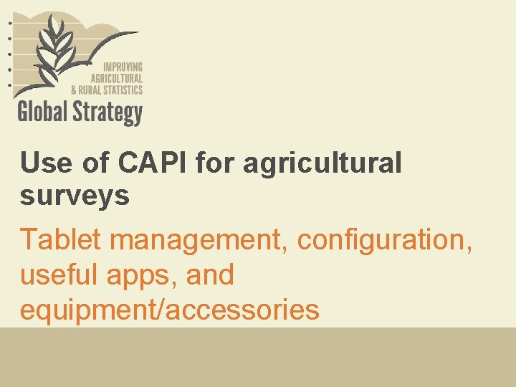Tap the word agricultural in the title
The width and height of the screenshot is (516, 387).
click(x=322, y=163)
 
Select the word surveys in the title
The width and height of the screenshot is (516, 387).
click(x=75, y=195)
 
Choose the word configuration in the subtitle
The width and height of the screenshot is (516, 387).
click(x=385, y=239)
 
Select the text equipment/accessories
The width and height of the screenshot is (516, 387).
click(x=169, y=310)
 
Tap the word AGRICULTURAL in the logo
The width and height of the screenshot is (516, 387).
click(x=116, y=77)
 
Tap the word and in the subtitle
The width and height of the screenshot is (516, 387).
click(x=209, y=274)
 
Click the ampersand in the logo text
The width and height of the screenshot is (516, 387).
click(x=74, y=90)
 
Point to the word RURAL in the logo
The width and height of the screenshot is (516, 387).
click(x=90, y=90)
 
